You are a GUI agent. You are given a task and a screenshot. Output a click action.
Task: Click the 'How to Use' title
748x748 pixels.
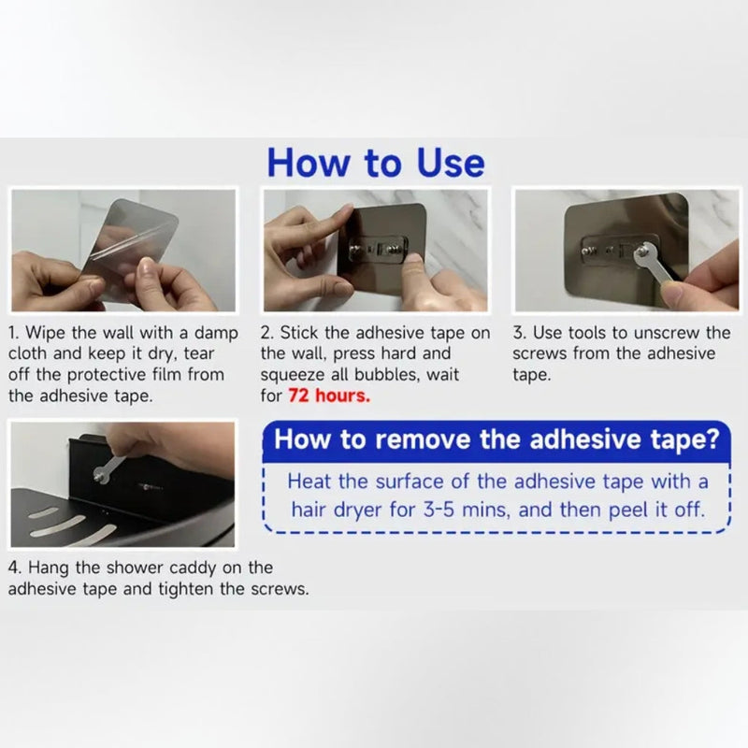[376, 163]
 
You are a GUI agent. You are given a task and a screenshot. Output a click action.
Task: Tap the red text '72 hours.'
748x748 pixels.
[329, 396]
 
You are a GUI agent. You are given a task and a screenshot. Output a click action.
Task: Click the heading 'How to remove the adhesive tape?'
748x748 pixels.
[496, 439]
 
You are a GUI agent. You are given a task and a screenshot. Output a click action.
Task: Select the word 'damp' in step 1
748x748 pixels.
[216, 333]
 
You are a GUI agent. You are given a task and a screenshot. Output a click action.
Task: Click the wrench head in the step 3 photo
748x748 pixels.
[643, 251]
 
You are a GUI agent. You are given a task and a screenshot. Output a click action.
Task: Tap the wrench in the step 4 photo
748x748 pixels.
[109, 468]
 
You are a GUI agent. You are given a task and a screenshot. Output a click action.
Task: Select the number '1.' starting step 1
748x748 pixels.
[14, 333]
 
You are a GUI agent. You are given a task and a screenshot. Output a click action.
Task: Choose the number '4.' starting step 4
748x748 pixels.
[15, 568]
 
